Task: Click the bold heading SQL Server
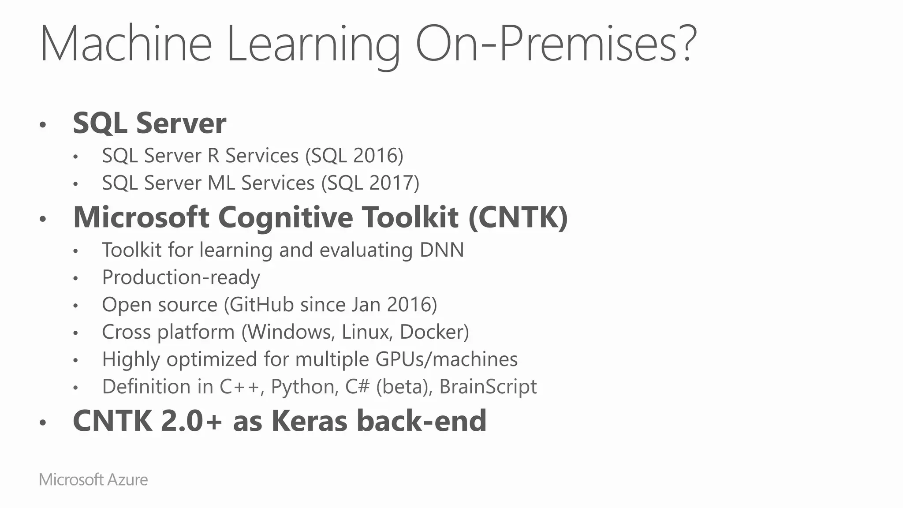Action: [x=149, y=123]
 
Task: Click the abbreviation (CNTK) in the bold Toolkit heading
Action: [x=518, y=217]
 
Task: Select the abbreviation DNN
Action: [x=442, y=250]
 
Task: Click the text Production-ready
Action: [x=181, y=277]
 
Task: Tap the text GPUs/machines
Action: [x=447, y=359]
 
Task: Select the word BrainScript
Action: [x=488, y=387]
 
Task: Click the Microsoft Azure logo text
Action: [x=93, y=480]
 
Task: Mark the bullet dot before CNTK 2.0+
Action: [x=43, y=423]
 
